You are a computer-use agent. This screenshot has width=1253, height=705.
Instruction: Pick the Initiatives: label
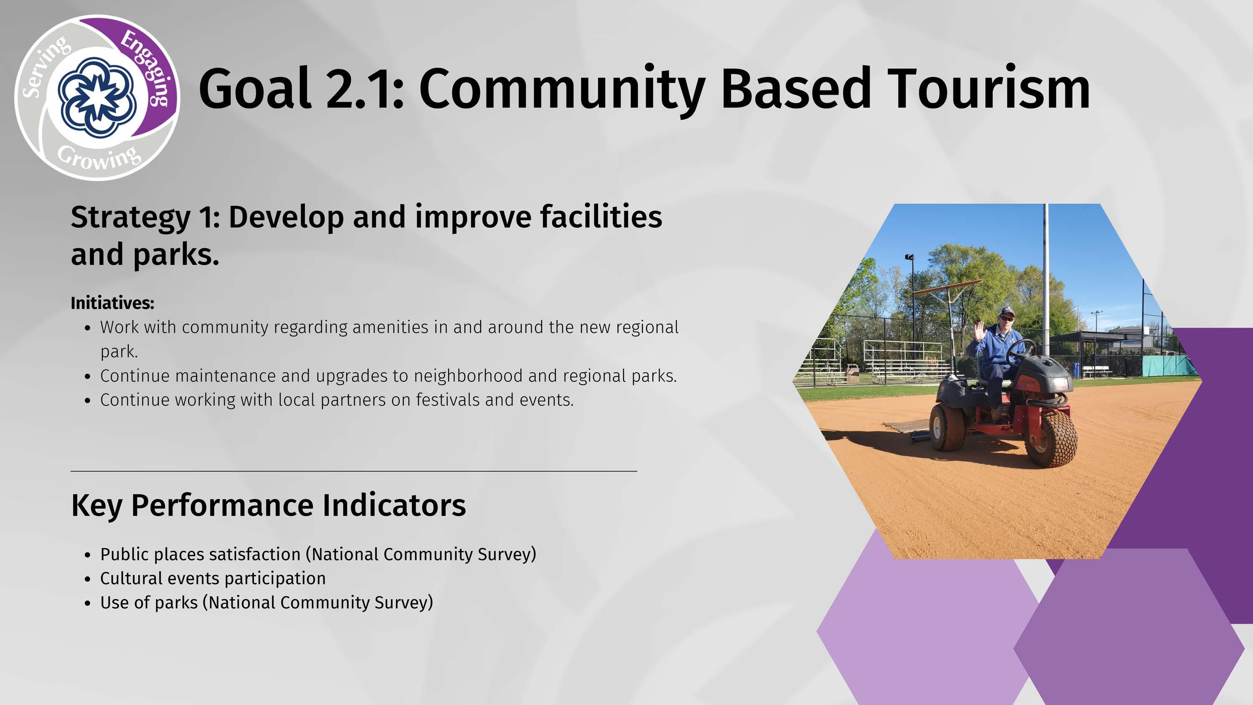click(x=112, y=303)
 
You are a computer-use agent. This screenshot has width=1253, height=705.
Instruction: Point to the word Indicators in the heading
click(x=394, y=505)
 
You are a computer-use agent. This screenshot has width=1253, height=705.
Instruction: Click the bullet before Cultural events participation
click(x=88, y=579)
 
